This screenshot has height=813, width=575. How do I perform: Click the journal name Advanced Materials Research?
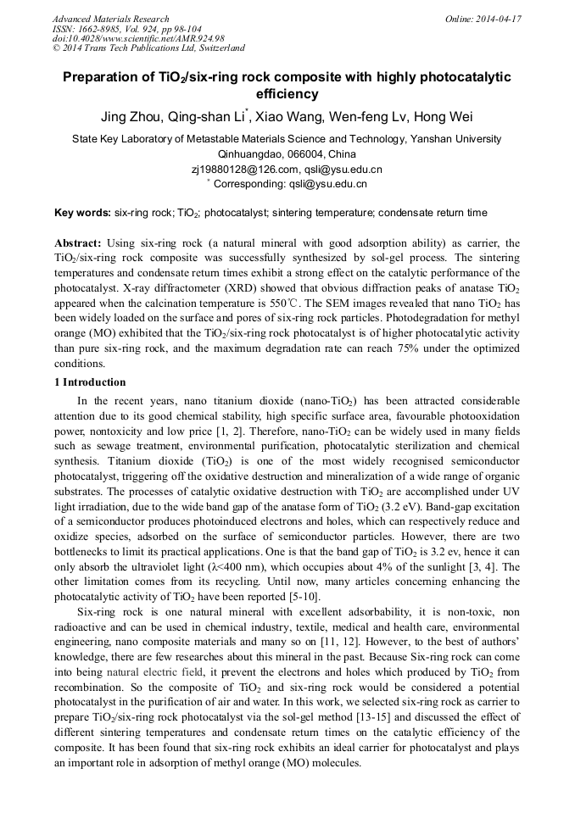[x=110, y=19]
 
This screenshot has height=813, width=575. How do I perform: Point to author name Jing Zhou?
[x=133, y=117]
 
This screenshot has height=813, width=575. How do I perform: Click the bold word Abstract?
[x=77, y=242]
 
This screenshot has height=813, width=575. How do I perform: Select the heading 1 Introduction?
[x=89, y=382]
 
